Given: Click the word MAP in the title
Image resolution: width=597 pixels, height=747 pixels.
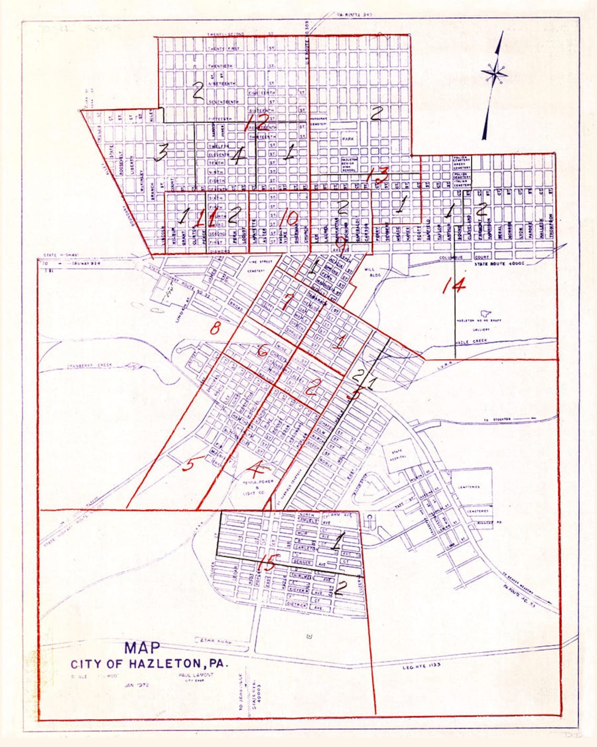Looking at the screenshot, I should (x=142, y=648).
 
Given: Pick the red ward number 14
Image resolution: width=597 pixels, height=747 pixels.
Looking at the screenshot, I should (x=453, y=286).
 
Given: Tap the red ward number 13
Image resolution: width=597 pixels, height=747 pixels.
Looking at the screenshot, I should (x=377, y=176).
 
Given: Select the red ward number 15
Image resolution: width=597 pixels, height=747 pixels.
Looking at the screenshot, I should (x=267, y=564).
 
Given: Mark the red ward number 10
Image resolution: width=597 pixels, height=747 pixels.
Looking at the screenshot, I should (x=288, y=218).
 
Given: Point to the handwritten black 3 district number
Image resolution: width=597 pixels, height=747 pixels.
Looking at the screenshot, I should (x=161, y=153).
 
